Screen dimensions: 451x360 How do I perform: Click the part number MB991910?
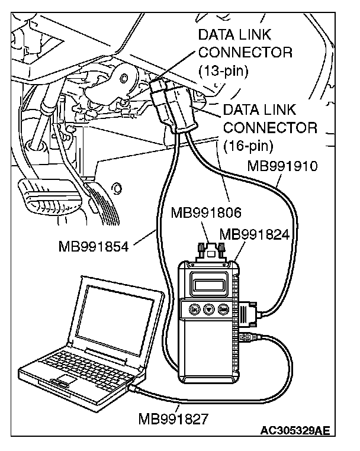pos(282,166)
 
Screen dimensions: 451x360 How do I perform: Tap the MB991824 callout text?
pos(254,234)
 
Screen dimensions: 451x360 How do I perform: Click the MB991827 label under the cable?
pos(173,420)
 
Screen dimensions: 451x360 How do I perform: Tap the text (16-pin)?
pos(249,144)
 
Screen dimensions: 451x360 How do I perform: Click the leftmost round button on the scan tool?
pos(194,309)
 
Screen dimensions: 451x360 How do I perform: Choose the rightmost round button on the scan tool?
pos(224,308)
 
